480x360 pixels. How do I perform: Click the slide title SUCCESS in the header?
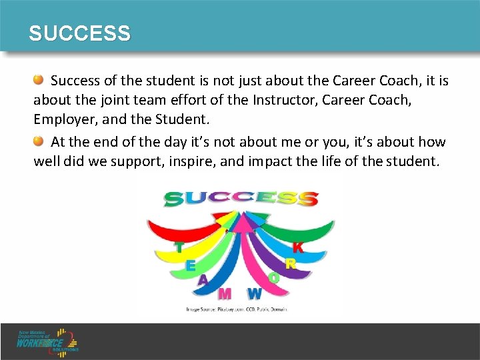tap(79, 33)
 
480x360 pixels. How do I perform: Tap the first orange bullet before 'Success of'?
tap(39, 81)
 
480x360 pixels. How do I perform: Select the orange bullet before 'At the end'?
tap(39, 141)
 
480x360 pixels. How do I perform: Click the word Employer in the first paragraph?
tap(63, 119)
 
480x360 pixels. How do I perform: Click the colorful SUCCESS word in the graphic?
tap(241, 198)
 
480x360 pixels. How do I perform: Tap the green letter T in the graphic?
tap(179, 247)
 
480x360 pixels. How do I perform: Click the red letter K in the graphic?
tap(298, 247)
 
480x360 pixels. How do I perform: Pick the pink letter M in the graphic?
tap(225, 293)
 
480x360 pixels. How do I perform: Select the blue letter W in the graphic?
tap(254, 293)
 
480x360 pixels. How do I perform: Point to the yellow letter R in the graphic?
tap(290, 264)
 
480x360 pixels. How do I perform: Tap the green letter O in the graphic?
tap(274, 278)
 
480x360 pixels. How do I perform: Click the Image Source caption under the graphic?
tap(237, 309)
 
